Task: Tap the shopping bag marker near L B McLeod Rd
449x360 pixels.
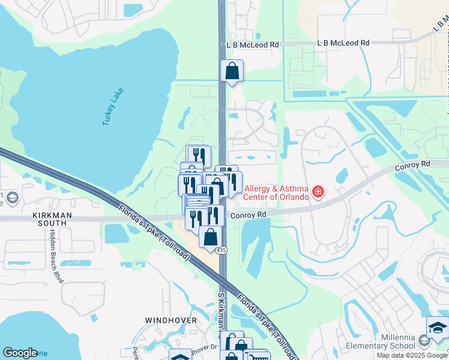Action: (232, 71)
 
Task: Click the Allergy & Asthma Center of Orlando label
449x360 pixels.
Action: (276, 193)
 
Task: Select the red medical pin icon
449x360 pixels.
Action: (318, 193)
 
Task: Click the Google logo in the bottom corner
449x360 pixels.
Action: (20, 353)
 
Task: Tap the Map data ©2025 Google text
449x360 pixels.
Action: (412, 355)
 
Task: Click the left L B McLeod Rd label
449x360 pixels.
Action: (253, 45)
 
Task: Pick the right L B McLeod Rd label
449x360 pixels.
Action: (343, 43)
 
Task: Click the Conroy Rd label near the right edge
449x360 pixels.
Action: (414, 163)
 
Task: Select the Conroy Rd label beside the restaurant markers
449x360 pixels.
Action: (248, 214)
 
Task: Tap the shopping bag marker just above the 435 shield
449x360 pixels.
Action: (211, 236)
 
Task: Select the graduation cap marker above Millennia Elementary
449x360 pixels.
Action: (438, 328)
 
